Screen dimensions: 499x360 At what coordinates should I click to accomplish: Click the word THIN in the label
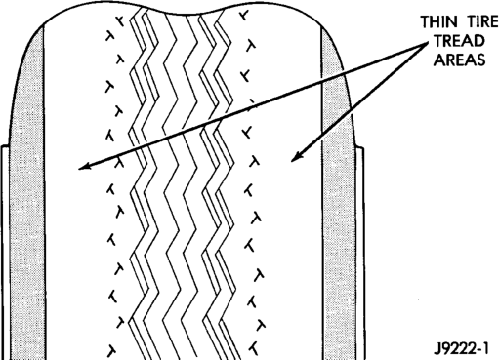438,22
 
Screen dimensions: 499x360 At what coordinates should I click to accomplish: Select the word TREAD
459,41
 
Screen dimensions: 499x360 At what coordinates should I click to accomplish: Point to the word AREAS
459,60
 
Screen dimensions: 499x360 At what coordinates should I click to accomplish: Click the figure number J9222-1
461,349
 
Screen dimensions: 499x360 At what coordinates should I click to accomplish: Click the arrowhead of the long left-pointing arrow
84,166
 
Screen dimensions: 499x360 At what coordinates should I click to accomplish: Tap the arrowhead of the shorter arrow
296,156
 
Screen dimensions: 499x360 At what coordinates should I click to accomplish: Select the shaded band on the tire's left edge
27,195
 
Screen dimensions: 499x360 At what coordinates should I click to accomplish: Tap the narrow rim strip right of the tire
360,254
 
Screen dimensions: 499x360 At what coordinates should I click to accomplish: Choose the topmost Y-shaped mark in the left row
121,21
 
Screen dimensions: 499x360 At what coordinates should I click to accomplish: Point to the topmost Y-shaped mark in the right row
244,15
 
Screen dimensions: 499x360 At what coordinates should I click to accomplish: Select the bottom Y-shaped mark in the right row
253,348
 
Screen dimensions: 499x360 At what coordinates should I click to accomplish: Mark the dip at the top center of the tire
183,15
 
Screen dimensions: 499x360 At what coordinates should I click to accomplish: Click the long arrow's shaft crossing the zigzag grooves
184,130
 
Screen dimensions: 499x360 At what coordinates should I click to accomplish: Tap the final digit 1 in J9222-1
485,349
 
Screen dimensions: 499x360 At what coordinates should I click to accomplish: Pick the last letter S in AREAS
480,60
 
